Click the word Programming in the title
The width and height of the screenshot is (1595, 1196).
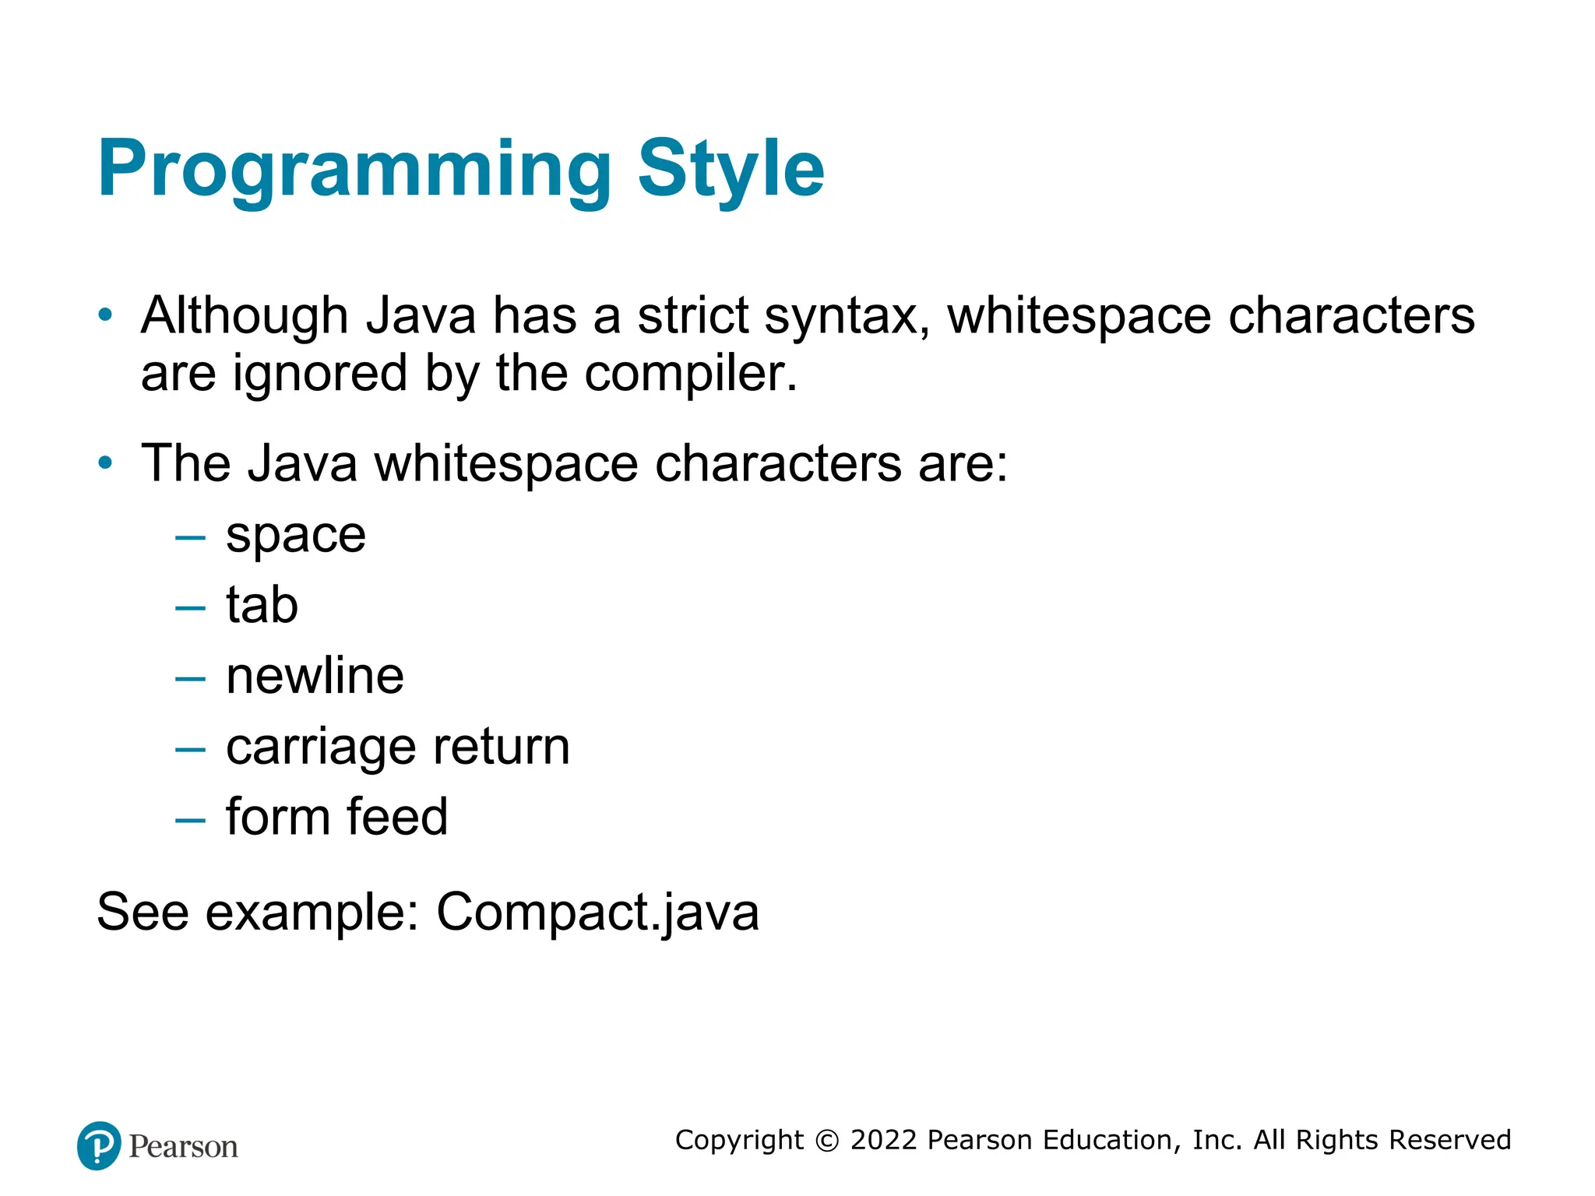(354, 170)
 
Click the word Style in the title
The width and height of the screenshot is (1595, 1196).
(731, 170)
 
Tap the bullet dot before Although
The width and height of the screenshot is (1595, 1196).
(105, 315)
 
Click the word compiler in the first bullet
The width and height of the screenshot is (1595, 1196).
(690, 374)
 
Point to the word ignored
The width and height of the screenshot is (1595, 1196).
(320, 374)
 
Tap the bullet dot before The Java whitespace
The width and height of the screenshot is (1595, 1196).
(105, 463)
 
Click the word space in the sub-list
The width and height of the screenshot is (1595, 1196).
(296, 536)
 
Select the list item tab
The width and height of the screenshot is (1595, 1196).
(262, 605)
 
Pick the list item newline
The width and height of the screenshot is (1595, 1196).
(315, 675)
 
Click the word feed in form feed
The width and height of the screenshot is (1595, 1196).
(397, 817)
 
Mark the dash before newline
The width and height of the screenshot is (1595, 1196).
(190, 679)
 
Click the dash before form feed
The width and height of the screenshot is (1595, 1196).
(190, 820)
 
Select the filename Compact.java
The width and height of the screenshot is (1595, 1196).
(597, 912)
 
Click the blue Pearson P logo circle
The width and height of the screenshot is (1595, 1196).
(99, 1145)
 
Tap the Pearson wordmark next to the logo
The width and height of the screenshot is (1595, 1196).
(183, 1147)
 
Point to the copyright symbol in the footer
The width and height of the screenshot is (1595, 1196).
(826, 1141)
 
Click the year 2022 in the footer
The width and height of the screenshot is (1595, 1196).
(883, 1140)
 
